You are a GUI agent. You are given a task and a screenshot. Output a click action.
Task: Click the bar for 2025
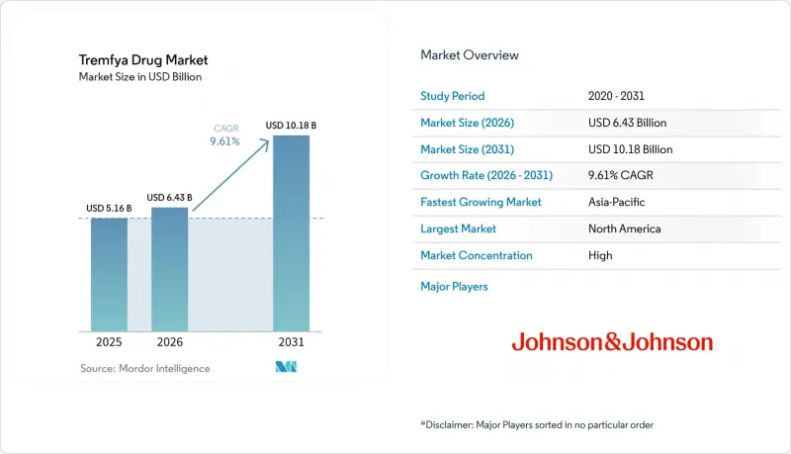(109, 274)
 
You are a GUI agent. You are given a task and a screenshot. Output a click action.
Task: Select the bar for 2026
(169, 269)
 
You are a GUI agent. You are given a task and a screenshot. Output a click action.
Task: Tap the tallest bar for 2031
(291, 233)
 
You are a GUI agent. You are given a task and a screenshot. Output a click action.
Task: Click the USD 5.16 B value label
(109, 209)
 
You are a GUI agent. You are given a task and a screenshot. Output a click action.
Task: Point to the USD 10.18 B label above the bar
(291, 125)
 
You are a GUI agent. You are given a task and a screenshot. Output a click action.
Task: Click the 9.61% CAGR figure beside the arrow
(225, 141)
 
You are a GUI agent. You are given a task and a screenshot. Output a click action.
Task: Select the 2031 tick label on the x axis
(291, 342)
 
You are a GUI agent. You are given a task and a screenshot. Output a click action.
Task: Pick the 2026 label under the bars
(169, 342)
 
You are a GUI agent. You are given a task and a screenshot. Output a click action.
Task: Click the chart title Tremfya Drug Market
(143, 60)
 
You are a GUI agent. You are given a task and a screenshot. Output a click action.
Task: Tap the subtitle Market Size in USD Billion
(140, 77)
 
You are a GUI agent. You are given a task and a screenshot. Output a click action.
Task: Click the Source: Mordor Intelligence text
(144, 368)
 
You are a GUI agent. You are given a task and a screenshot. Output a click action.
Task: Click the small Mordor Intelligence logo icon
(286, 367)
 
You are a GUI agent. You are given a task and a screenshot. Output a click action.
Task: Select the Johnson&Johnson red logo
(612, 342)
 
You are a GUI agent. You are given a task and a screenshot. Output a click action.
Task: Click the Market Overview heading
(470, 55)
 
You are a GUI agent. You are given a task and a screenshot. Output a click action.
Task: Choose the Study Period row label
(453, 96)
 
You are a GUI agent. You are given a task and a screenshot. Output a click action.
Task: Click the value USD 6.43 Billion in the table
(628, 123)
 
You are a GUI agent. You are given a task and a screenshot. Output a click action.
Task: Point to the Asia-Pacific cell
(616, 202)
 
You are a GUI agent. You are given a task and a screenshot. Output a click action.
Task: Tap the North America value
(625, 228)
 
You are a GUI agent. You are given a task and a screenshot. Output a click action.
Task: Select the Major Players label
(454, 287)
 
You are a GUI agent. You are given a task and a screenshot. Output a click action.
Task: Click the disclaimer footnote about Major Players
(537, 424)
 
